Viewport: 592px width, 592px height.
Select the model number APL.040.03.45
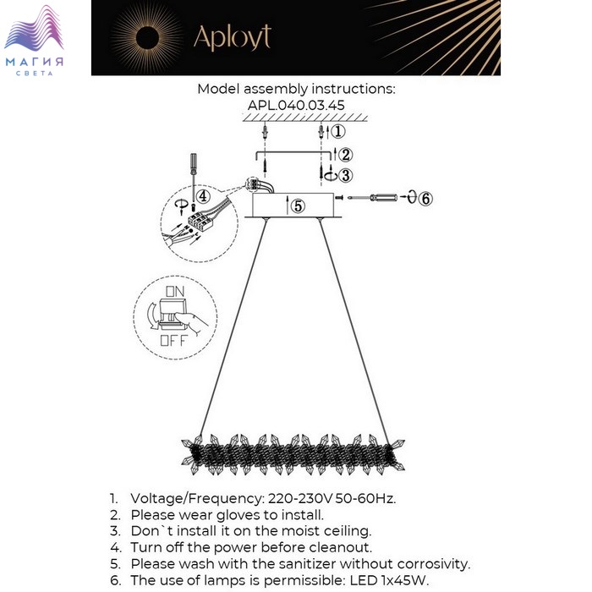point(296,105)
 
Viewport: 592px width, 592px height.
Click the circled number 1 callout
point(337,131)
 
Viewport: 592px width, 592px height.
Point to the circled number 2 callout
point(345,154)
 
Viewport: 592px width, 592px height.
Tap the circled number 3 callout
point(345,174)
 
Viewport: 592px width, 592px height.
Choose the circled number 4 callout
point(203,195)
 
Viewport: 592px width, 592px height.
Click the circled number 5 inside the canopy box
point(298,205)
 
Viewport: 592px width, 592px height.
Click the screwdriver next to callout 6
point(372,198)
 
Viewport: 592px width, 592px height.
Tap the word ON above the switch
point(175,290)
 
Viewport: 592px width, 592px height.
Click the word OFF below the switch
point(174,342)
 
